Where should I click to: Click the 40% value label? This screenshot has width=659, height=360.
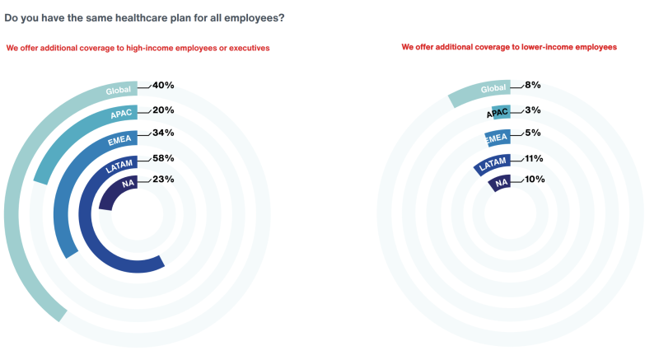coord(162,85)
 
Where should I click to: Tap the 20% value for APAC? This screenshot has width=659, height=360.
coord(162,110)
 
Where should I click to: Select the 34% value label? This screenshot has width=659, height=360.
coord(162,133)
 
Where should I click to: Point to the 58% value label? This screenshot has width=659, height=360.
coord(162,157)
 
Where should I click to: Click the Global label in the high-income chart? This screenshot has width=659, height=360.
coord(119,91)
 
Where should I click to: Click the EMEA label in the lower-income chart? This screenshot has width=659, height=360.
coord(495,138)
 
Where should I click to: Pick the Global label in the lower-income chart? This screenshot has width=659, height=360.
coord(492,89)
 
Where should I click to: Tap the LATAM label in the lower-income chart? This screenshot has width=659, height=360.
coord(492,162)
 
